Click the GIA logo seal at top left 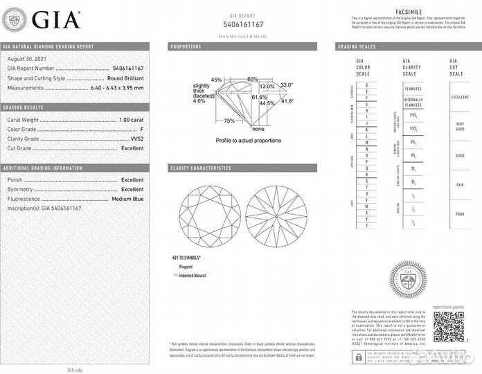[15, 21]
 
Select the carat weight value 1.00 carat [132, 121]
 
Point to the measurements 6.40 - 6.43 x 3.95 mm [117, 87]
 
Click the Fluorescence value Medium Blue [127, 199]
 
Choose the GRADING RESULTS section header [23, 107]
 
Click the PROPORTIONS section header [186, 46]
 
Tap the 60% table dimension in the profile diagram [252, 79]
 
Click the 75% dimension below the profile [229, 121]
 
